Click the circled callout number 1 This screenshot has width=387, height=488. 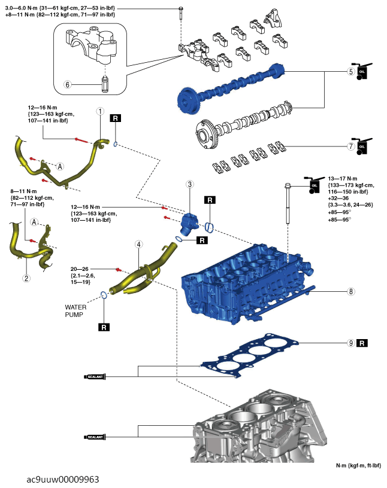click(100, 111)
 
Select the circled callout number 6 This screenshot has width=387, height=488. click(67, 84)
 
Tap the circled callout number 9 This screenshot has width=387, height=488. click(351, 343)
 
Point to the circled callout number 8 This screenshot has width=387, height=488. click(351, 291)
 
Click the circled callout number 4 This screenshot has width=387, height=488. click(139, 245)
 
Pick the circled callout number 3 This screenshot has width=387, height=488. click(190, 184)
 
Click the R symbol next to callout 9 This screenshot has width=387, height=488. click(362, 343)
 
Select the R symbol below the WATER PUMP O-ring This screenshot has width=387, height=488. click(104, 327)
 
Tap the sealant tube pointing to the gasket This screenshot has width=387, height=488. click(95, 377)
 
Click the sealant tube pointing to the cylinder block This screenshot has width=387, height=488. click(95, 437)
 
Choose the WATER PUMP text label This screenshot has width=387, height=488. click(75, 311)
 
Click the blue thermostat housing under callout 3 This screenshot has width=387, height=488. click(189, 224)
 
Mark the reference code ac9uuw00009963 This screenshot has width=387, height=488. click(63, 479)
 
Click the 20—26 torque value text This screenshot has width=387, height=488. click(79, 269)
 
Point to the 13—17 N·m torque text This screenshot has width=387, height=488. click(343, 179)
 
